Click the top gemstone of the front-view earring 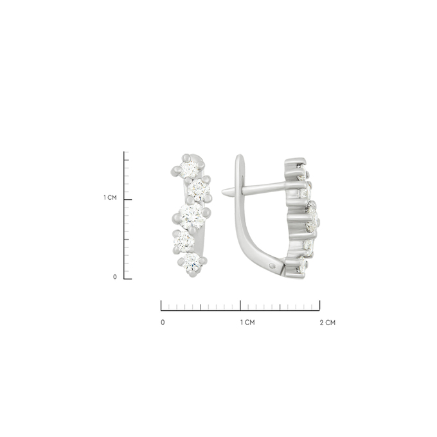188,169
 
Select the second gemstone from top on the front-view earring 199,189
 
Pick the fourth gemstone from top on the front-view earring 184,241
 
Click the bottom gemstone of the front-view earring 192,262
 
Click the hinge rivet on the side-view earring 273,266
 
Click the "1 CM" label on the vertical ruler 110,197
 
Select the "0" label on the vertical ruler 115,277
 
